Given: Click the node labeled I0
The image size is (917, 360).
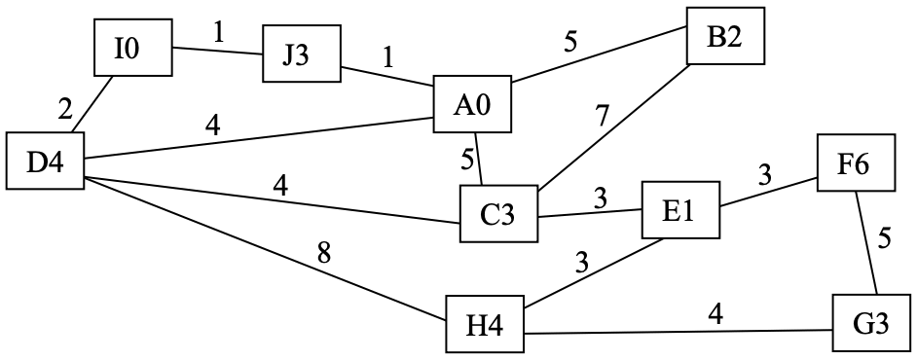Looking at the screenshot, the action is [133, 48].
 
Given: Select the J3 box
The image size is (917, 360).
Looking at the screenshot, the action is [301, 54].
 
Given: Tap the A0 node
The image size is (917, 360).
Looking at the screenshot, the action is [472, 104].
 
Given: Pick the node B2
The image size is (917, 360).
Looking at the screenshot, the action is [725, 36].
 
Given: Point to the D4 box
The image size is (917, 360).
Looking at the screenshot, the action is [45, 161].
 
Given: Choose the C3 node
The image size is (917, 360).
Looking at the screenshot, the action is [498, 213].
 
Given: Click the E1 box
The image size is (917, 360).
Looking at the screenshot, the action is [680, 210].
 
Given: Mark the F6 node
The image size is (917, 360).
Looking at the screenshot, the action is [856, 162].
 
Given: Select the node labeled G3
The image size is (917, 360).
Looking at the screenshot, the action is [871, 323].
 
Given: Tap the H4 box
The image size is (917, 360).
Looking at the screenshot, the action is [485, 324].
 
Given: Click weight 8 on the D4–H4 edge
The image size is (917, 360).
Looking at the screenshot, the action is [324, 253].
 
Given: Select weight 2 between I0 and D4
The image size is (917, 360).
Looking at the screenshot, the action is [64, 108].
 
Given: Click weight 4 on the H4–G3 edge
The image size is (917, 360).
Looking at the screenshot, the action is [715, 315].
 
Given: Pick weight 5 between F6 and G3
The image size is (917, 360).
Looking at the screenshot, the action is [884, 239].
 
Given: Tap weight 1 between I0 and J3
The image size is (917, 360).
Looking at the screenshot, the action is [219, 33].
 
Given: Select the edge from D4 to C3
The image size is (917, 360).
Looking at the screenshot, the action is [272, 199].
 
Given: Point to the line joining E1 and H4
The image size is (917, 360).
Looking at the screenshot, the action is [593, 273].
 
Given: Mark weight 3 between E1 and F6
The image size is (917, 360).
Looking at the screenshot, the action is [764, 174].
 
